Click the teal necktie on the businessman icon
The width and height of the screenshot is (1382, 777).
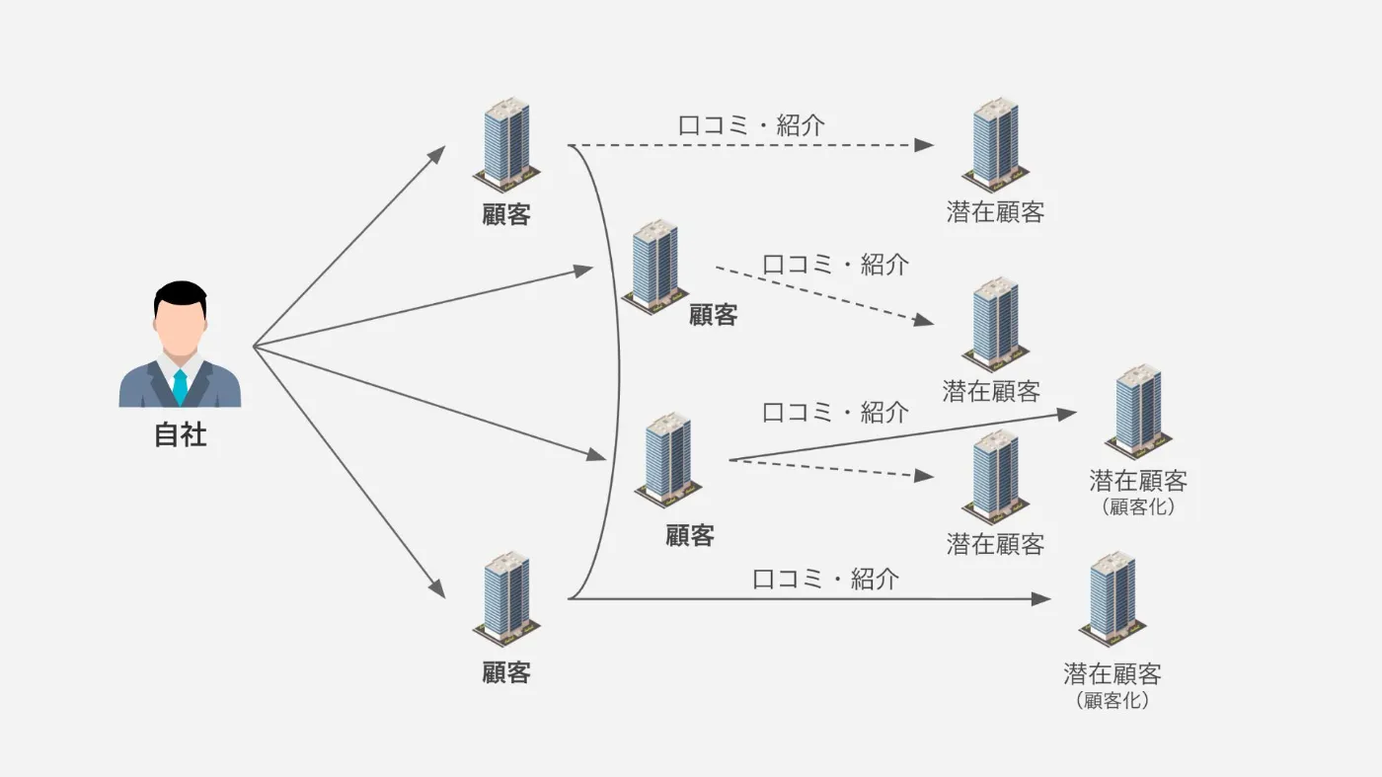pyautogui.click(x=180, y=386)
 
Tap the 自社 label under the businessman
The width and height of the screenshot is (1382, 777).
pyautogui.click(x=181, y=434)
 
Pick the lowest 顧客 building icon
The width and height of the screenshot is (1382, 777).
pyautogui.click(x=506, y=596)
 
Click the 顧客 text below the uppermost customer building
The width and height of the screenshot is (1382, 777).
pyautogui.click(x=506, y=214)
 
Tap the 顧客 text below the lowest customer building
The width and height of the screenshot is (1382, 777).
pyautogui.click(x=506, y=672)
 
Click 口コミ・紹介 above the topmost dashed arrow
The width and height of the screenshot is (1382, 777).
pyautogui.click(x=751, y=125)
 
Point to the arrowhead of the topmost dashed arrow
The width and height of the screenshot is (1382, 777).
pyautogui.click(x=925, y=145)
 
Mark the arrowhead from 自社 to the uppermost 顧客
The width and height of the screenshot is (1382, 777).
pyautogui.click(x=437, y=153)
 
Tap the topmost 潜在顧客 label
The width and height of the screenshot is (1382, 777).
pyautogui.click(x=995, y=212)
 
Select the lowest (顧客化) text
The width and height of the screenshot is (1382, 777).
pyautogui.click(x=1112, y=701)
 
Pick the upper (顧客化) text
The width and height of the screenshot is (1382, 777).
pyautogui.click(x=1137, y=508)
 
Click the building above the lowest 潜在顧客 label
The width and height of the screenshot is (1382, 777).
pyautogui.click(x=1112, y=598)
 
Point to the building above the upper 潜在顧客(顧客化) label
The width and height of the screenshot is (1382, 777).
pyautogui.click(x=1138, y=411)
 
